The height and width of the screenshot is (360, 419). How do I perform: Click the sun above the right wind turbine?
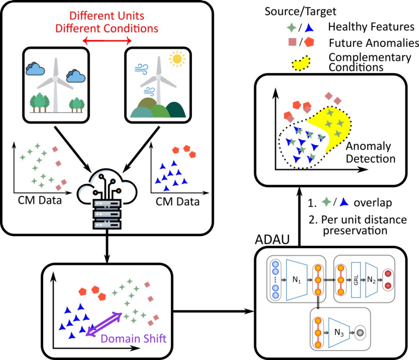coord(177,59)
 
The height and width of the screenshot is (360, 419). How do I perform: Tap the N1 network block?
coord(296,279)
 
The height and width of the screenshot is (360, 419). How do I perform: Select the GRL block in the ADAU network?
coord(355,280)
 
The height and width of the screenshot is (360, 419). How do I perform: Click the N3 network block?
coord(339,333)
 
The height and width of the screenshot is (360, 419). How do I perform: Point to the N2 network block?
coord(371,280)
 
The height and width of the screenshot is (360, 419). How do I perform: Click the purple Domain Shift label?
coord(133,339)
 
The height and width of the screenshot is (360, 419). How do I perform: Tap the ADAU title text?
coord(272,239)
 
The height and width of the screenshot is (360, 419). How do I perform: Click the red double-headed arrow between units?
coord(107,41)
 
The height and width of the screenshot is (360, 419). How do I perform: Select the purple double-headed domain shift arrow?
coord(104,324)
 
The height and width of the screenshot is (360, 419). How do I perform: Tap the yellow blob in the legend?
coord(301,64)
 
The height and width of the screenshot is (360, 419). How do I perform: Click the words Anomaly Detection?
coord(370,152)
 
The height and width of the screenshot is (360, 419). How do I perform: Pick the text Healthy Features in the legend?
coord(371,27)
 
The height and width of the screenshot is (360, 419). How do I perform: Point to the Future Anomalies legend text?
coord(374,43)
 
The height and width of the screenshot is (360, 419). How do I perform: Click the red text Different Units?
coord(107,16)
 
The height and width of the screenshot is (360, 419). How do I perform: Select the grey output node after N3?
coord(360,333)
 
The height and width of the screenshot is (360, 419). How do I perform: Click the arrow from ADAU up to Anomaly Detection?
coord(300,216)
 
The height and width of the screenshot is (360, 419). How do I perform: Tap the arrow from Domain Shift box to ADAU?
coord(213,311)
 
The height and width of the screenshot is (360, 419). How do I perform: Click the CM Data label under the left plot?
coord(40,200)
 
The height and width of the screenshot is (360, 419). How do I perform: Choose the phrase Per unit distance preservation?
coord(358,225)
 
